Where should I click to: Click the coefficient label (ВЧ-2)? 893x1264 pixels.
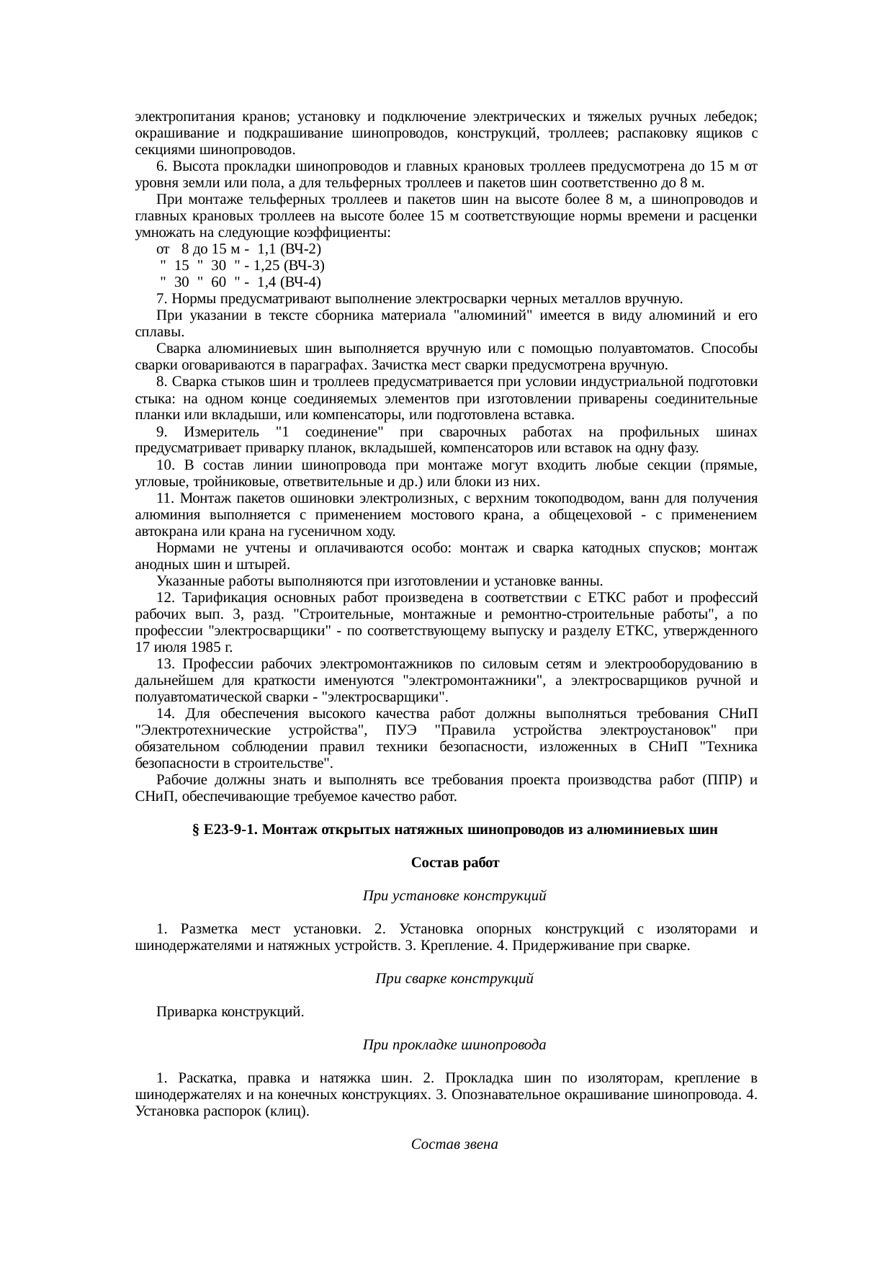[x=302, y=249]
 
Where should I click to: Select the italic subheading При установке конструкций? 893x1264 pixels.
[x=454, y=896]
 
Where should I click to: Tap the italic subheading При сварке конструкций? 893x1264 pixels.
[x=454, y=979]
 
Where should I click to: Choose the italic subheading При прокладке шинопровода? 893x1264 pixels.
[x=454, y=1044]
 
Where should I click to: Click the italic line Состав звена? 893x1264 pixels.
[x=454, y=1144]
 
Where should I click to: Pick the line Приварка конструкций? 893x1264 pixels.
[x=230, y=1012]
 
